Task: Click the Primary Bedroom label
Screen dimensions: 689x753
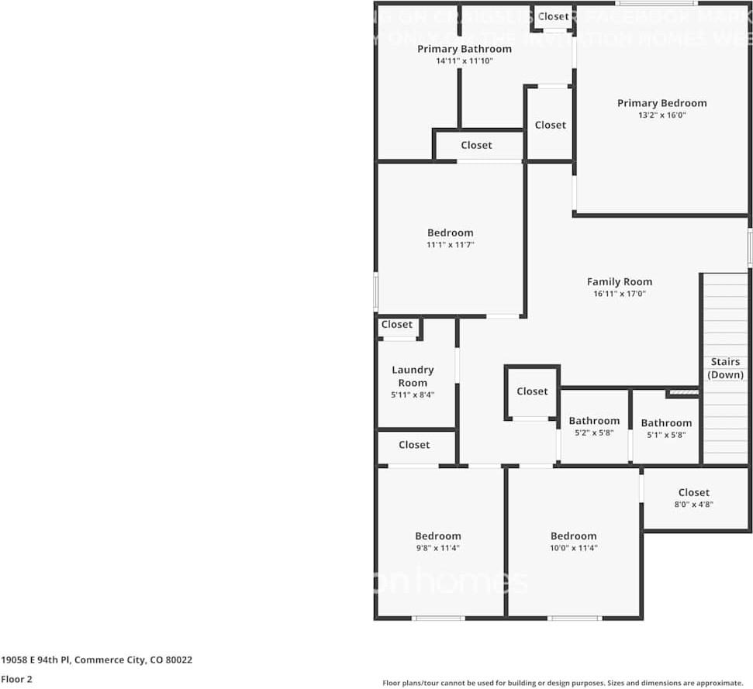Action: tap(661, 103)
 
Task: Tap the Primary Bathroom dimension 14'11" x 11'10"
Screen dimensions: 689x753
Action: tap(464, 60)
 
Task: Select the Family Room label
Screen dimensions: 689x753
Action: tap(619, 282)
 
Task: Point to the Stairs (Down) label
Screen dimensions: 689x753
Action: tap(726, 368)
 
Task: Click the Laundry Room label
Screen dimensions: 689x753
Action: tap(413, 376)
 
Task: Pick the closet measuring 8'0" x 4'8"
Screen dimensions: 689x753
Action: tap(693, 498)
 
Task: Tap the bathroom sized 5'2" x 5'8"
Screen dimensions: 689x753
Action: tap(594, 426)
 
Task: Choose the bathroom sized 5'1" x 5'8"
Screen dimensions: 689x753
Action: tap(666, 428)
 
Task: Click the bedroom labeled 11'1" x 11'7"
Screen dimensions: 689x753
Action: tap(450, 238)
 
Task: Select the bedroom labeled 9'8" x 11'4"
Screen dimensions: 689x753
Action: tap(438, 541)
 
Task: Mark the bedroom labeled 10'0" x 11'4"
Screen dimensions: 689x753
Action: tap(574, 541)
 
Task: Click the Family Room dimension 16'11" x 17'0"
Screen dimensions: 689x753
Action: tap(619, 295)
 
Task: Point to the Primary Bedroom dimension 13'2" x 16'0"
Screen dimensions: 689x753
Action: tap(661, 115)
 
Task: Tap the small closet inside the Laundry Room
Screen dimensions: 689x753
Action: tap(397, 325)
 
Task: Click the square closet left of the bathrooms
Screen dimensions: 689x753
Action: tap(532, 391)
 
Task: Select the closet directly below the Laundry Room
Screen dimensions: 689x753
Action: tap(414, 445)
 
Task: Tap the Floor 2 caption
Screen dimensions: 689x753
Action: tap(16, 679)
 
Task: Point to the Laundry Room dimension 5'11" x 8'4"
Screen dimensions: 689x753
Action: tap(413, 394)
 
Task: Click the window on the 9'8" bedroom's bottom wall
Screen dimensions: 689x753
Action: tap(438, 618)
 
